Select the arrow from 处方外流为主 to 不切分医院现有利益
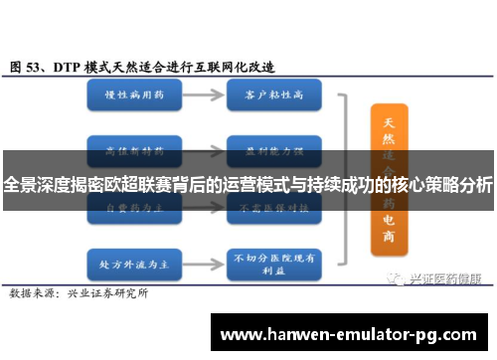(201, 238)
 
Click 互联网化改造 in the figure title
(240, 66)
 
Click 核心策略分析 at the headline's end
(443, 185)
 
